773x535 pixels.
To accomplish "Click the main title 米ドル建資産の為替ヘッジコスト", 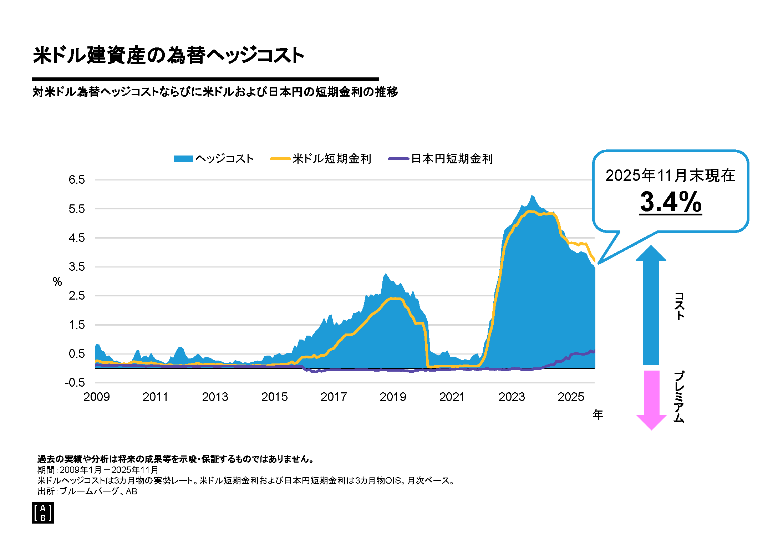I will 168,55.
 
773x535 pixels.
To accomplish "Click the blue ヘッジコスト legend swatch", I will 183,159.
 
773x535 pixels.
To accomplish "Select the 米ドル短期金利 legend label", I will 332,159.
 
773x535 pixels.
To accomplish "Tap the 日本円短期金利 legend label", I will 452,159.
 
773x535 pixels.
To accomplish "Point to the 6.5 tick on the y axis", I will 77,180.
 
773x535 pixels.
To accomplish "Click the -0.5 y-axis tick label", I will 75,383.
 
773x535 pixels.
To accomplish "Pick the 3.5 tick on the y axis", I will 77,267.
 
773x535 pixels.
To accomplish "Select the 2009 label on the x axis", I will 96,397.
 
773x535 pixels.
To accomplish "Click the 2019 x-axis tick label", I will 393,397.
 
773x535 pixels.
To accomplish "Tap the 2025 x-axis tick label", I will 571,397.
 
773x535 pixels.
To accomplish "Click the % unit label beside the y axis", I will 57,282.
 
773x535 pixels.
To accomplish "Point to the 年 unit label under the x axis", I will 598,415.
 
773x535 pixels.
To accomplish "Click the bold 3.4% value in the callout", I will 671,202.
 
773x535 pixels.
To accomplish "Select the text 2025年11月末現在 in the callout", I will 670,175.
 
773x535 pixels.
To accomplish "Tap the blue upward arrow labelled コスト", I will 651,307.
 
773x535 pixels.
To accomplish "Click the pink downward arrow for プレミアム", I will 651,399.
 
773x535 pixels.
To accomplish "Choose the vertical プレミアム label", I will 679,397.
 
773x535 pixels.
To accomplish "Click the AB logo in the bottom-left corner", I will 43,513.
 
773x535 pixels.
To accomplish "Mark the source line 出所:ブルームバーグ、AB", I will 87,491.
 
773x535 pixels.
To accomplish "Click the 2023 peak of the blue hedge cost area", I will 532,196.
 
